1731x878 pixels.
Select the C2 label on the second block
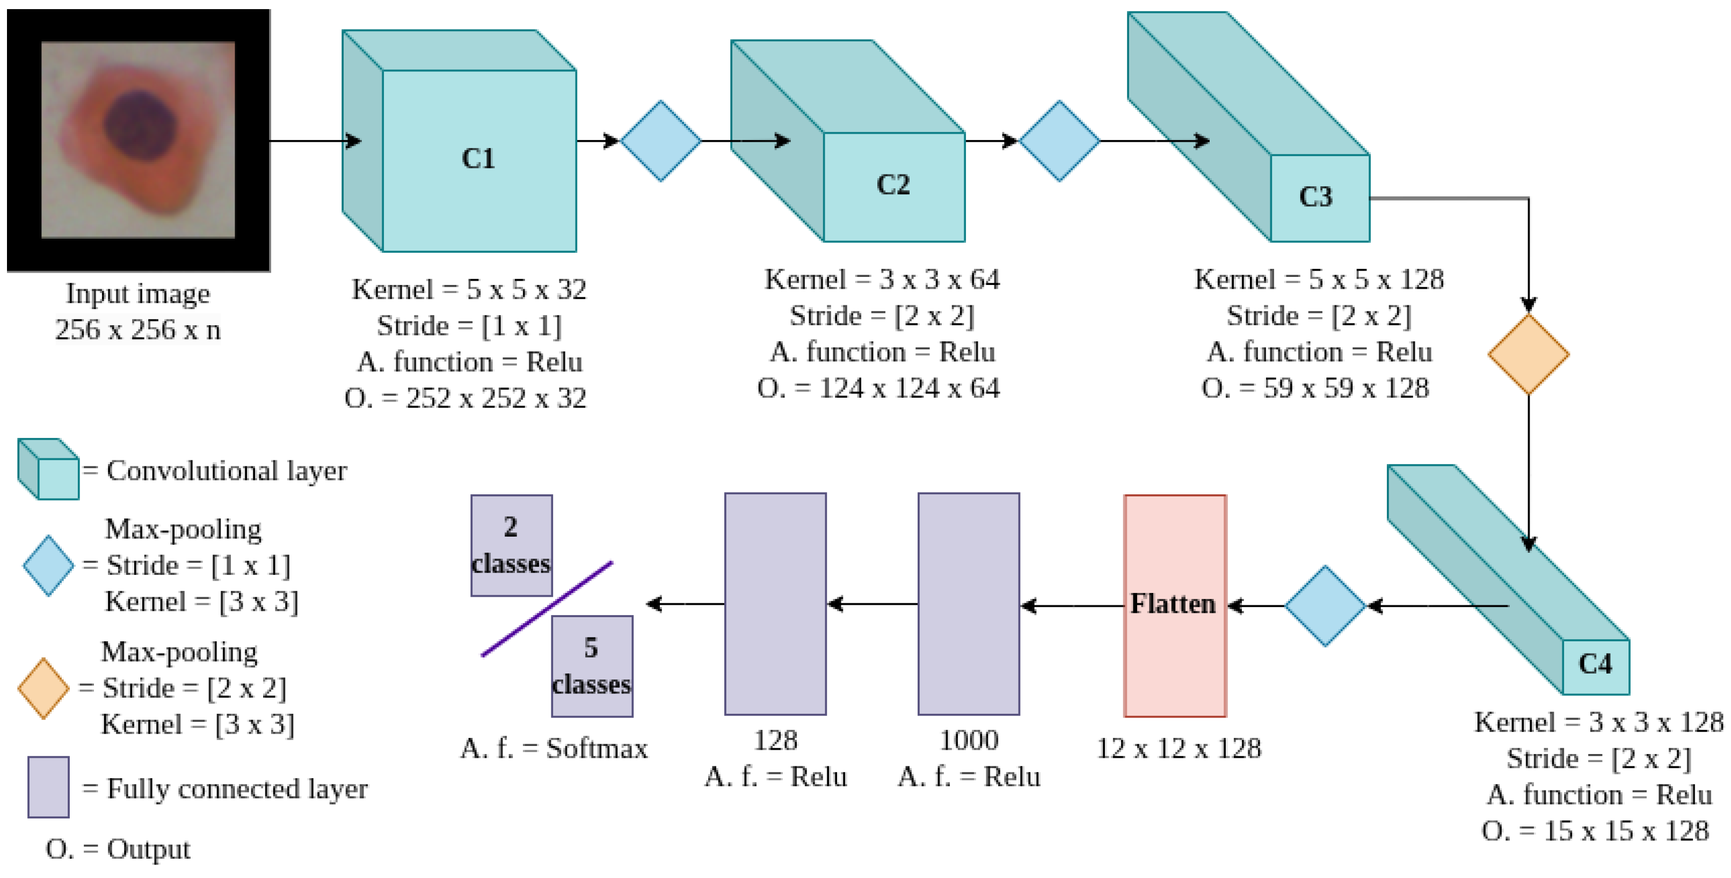pyautogui.click(x=893, y=185)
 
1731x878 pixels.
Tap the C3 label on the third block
pyautogui.click(x=1315, y=197)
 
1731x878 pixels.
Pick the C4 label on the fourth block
pyautogui.click(x=1595, y=664)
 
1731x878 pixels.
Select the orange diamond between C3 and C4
pyautogui.click(x=1528, y=354)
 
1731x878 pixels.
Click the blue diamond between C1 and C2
pyautogui.click(x=660, y=141)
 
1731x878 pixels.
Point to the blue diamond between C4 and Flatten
pyautogui.click(x=1325, y=606)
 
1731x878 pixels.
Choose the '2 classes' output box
pyautogui.click(x=511, y=545)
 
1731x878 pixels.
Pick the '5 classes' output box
pyautogui.click(x=591, y=667)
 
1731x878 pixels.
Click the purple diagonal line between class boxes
pyautogui.click(x=547, y=609)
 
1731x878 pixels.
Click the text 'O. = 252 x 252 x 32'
pyautogui.click(x=465, y=398)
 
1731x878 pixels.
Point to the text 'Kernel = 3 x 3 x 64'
pyautogui.click(x=882, y=280)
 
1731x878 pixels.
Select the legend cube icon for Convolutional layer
pyautogui.click(x=48, y=469)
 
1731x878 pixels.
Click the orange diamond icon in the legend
pyautogui.click(x=43, y=689)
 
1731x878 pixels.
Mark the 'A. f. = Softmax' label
pyautogui.click(x=554, y=748)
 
